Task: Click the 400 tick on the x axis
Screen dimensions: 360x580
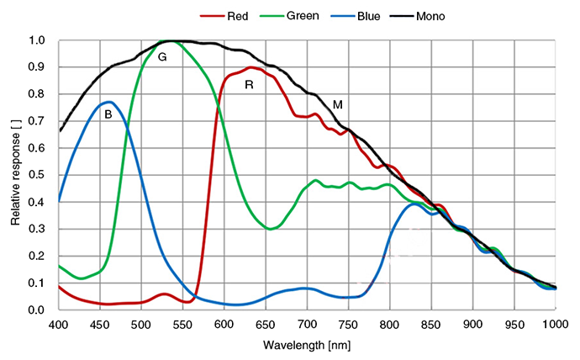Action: tap(58, 324)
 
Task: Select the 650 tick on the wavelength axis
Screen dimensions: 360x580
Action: tap(266, 324)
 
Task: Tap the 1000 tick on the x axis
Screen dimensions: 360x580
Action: tap(556, 324)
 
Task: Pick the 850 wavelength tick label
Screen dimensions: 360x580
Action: tap(432, 324)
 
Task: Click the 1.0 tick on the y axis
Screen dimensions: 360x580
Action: tap(37, 40)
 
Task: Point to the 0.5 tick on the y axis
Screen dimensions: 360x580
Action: tap(37, 175)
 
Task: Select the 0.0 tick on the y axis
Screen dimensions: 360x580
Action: tap(37, 310)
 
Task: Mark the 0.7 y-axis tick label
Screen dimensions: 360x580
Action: tap(37, 121)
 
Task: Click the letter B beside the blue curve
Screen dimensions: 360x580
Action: tap(108, 115)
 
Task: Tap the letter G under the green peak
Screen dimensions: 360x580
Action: tap(162, 56)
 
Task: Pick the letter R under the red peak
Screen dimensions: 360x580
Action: tap(249, 85)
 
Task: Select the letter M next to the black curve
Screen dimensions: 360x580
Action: tap(338, 104)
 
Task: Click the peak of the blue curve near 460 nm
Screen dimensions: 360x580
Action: tap(109, 102)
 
